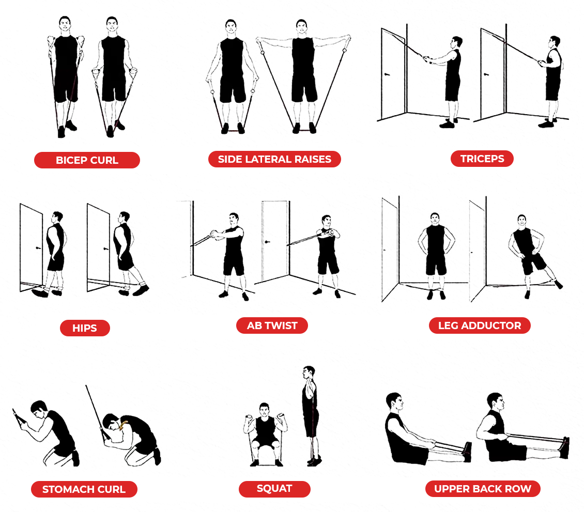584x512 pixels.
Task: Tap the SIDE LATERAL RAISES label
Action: (274, 159)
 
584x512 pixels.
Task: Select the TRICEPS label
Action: (482, 159)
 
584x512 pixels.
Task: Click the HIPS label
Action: (85, 328)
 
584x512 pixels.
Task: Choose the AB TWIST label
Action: (272, 325)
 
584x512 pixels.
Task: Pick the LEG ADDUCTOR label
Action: (480, 325)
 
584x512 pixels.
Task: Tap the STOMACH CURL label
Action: (84, 489)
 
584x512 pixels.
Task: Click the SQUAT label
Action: (274, 489)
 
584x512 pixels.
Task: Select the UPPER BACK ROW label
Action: (483, 489)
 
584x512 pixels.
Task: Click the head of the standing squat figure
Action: (309, 373)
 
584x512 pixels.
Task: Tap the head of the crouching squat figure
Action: (265, 410)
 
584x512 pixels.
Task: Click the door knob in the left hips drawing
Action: (38, 247)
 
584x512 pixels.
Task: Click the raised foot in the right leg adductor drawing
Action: (558, 285)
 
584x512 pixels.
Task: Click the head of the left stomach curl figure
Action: (39, 410)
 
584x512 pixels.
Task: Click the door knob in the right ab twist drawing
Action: (267, 242)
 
